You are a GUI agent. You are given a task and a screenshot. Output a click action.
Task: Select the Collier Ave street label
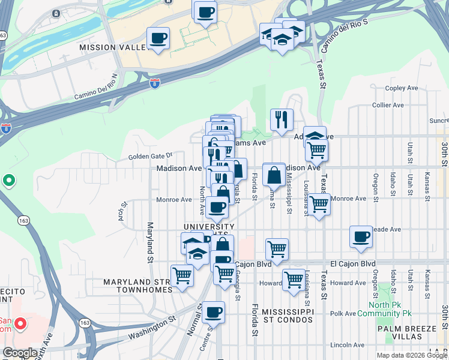point(387,105)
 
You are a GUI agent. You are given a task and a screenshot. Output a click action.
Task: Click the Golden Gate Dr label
point(150,157)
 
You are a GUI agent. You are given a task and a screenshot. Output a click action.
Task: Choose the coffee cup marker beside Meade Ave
point(361,237)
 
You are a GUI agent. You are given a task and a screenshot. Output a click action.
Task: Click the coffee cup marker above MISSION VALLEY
point(158,38)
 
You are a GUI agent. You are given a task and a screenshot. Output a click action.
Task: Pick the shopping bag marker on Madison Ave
point(274,176)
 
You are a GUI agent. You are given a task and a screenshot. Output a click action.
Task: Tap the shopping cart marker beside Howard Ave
point(294,278)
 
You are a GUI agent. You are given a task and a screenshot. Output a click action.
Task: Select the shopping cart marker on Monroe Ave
point(319,203)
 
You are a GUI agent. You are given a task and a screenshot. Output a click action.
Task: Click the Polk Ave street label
point(343,313)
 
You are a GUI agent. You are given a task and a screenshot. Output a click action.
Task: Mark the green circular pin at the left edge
point(9,180)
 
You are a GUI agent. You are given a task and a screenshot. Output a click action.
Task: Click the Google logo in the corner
point(20,353)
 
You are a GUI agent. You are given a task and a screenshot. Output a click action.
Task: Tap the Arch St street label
point(123,214)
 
